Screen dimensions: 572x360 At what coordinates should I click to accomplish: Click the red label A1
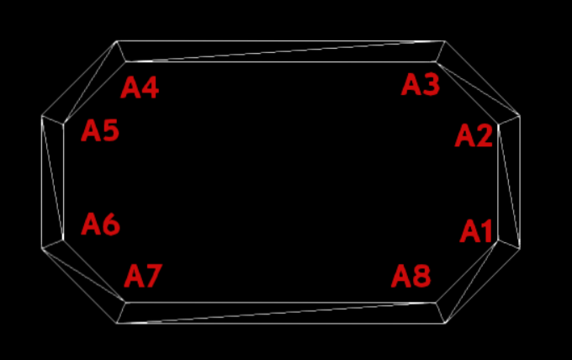477,230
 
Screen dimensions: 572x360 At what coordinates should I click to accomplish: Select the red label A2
474,135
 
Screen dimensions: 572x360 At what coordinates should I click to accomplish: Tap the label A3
421,85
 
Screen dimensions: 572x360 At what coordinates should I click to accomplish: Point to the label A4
140,87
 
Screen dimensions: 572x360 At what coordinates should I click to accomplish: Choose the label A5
100,131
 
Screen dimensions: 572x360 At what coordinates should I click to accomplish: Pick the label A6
101,225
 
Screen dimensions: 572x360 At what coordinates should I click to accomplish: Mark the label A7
143,276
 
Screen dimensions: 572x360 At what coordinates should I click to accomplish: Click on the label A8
411,276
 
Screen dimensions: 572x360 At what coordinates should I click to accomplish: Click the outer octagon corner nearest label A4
117,41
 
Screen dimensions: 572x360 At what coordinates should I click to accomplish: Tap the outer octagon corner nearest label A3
444,41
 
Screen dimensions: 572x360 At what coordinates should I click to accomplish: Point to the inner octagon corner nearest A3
437,61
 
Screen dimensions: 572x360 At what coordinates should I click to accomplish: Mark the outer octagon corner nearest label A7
117,321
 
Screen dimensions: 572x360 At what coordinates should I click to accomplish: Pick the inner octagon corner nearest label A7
124,302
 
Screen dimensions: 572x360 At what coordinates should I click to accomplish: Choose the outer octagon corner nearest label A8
444,323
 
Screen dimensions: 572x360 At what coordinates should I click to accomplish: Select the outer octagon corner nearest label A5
42,116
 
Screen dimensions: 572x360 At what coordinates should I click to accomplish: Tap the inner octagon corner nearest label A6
64,240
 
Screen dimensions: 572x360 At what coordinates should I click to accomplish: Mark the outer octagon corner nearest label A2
520,116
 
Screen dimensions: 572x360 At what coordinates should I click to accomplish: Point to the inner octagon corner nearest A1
499,241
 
